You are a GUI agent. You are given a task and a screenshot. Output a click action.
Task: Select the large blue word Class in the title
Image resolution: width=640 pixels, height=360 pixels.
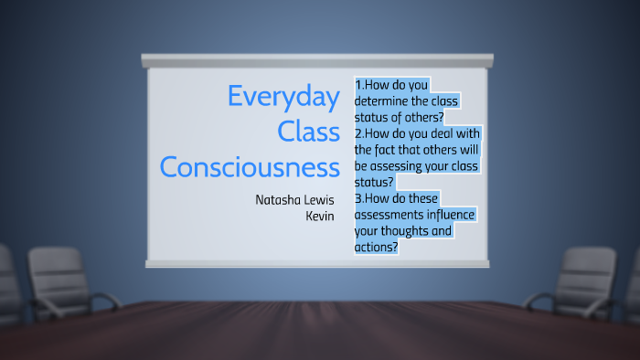308,132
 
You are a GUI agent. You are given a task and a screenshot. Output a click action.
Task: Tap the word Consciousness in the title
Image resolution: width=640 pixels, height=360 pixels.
250,166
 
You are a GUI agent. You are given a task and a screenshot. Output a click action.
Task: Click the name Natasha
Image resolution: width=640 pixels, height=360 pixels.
280,199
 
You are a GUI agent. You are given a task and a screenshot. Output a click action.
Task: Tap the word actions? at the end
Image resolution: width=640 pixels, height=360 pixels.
376,247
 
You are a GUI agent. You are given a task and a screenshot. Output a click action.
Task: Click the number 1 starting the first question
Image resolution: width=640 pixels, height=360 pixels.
357,85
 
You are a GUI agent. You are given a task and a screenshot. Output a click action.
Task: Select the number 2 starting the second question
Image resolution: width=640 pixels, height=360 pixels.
357,132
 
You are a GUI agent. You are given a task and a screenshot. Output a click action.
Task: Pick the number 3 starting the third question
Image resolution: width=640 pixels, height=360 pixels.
357,198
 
